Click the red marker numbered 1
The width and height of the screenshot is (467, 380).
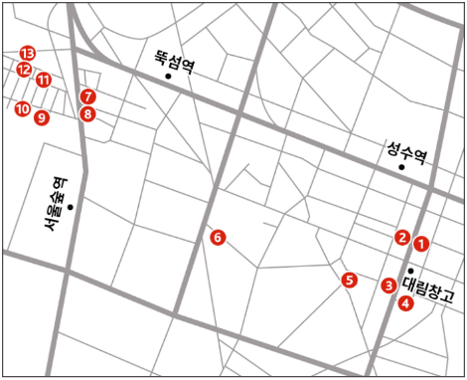click(x=421, y=242)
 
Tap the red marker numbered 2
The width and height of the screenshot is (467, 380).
click(x=402, y=237)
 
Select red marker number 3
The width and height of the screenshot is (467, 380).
click(x=389, y=285)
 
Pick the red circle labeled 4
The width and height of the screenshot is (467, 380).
click(x=405, y=303)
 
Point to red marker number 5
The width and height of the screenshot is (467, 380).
click(x=349, y=280)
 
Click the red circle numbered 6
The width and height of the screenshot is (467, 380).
click(x=218, y=237)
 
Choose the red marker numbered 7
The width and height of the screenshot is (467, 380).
click(x=88, y=96)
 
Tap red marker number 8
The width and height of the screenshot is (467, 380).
click(x=88, y=113)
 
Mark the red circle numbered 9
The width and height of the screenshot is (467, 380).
click(x=41, y=117)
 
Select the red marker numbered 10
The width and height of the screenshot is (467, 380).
click(x=22, y=108)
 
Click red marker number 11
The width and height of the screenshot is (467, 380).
click(x=44, y=80)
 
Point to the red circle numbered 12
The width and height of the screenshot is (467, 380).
click(x=24, y=70)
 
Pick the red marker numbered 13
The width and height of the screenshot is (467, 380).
click(x=28, y=52)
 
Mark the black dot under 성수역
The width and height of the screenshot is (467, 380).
click(x=401, y=167)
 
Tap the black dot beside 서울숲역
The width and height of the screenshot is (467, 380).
click(x=70, y=207)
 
